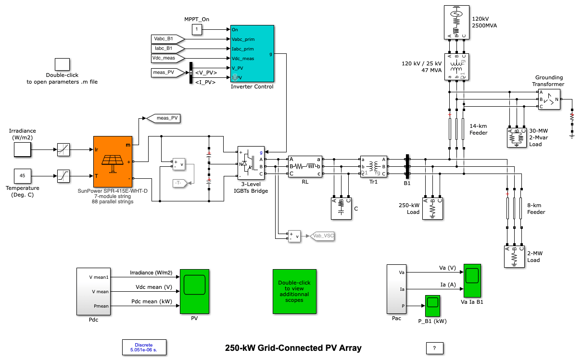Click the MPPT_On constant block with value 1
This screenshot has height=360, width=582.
pos(197,30)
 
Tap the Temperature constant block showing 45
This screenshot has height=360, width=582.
pos(22,176)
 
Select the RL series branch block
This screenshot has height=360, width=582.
pos(305,166)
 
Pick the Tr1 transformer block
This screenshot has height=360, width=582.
pos(374,166)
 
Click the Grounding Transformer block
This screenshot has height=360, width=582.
pos(549,99)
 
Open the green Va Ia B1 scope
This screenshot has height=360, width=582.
pos(472,281)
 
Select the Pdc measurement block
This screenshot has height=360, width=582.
pos(94,291)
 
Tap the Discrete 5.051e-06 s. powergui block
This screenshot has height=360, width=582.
pos(143,348)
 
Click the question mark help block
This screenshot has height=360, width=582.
pos(434,348)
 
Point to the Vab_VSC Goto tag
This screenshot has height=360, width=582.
pos(323,236)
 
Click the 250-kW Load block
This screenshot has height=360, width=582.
pos(432,209)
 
